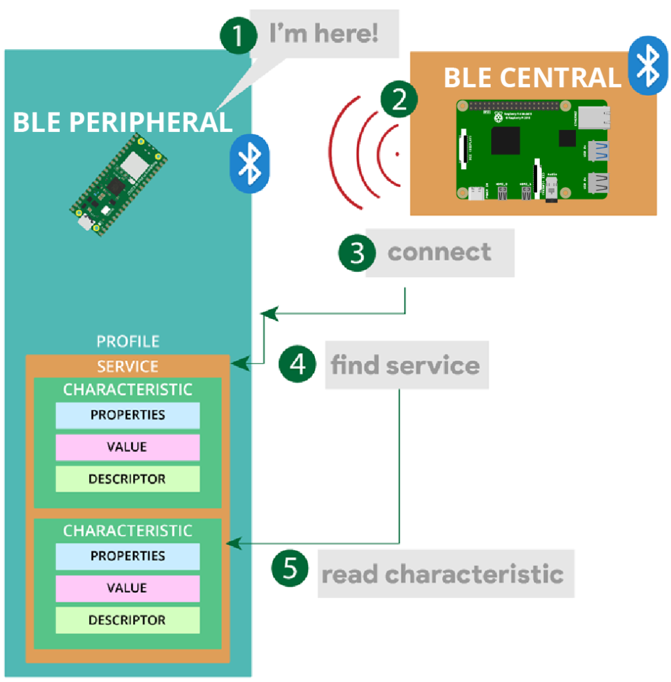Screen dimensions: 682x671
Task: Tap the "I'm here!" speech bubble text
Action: [324, 34]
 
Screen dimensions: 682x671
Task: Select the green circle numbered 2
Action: [399, 100]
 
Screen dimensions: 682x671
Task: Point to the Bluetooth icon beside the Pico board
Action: [250, 164]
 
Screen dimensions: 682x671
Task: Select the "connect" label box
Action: [439, 252]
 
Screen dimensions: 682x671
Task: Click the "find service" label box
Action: [406, 365]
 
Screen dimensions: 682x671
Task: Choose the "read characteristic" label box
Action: [444, 573]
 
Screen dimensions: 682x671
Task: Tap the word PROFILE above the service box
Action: [128, 342]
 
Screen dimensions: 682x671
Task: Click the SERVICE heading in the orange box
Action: [128, 366]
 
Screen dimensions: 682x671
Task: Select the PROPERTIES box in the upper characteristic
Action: [128, 415]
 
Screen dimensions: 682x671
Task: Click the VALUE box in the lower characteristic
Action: [128, 588]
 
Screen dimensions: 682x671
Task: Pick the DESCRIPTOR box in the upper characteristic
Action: [128, 479]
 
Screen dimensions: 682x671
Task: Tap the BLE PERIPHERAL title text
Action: [122, 122]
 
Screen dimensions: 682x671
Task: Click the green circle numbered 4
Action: [297, 364]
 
